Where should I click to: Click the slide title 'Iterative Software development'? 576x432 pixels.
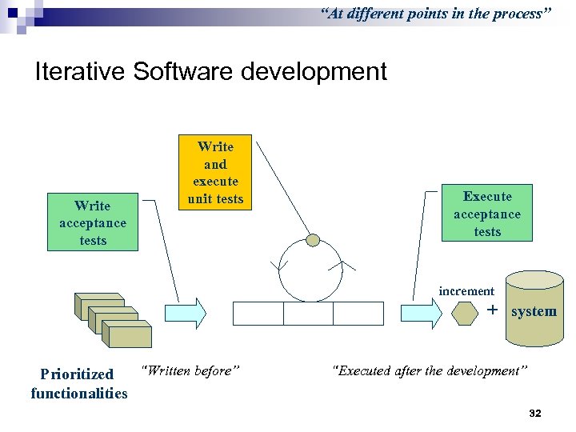[210, 72]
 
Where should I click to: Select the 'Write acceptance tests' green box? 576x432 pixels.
[93, 222]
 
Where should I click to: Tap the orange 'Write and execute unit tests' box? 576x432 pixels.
[215, 173]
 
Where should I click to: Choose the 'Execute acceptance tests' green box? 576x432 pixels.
[487, 214]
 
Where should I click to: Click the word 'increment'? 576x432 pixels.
[466, 291]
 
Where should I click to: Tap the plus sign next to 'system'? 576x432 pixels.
[492, 310]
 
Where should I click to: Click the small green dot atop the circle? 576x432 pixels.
[313, 240]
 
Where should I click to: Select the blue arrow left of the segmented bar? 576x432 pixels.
[184, 313]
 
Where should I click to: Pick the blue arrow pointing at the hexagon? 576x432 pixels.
[422, 313]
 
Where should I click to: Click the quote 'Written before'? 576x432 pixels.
[190, 370]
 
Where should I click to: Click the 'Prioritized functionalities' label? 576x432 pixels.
[78, 383]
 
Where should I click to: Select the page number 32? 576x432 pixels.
[535, 413]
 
